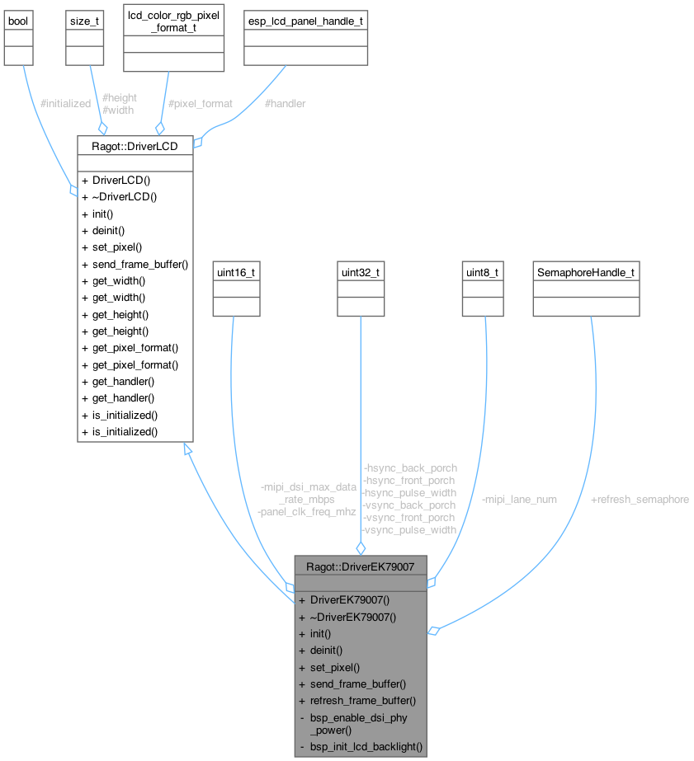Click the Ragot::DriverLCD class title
coord(135,144)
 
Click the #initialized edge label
coord(65,104)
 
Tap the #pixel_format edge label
coord(200,104)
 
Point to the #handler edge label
coord(285,104)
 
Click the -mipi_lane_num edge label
coord(518,499)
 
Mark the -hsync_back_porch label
coord(409,467)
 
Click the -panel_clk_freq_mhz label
coord(306,511)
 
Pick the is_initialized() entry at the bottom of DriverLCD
coord(119,431)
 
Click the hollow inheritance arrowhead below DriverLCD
coord(188,448)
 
